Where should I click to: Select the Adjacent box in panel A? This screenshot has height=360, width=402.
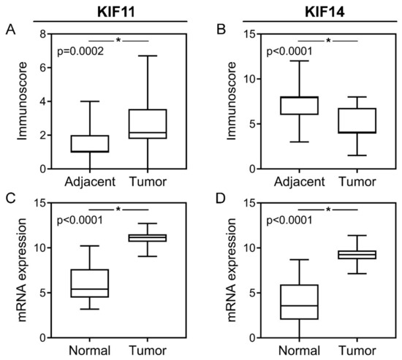89,143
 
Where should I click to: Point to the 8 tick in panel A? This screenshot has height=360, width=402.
45,34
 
